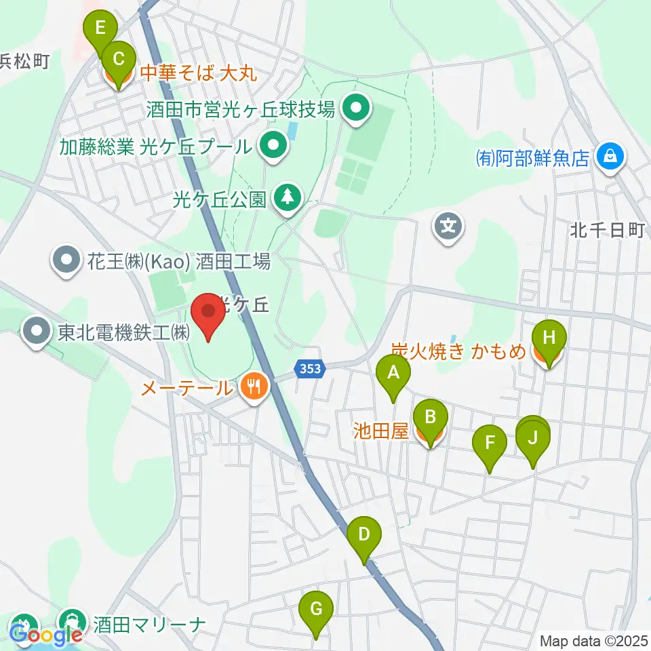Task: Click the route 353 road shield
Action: [x=311, y=369]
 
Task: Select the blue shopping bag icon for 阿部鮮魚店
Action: [x=610, y=157]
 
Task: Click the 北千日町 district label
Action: [x=606, y=231]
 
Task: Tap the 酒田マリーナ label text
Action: [x=149, y=623]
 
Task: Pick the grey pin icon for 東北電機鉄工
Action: [x=35, y=332]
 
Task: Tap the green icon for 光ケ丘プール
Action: [x=273, y=145]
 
